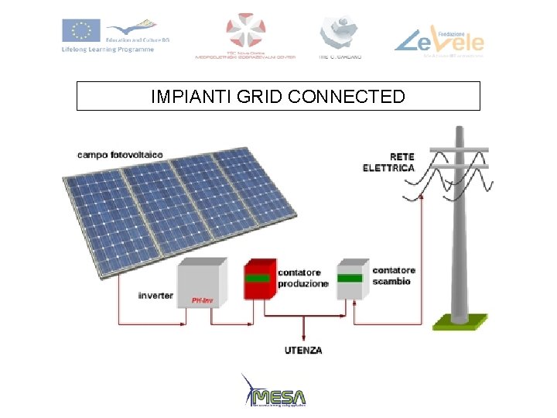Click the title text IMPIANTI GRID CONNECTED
tap(278, 97)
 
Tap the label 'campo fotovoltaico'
tap(120, 155)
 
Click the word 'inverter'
tap(155, 296)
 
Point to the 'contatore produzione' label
tap(303, 278)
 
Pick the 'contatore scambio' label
tap(394, 276)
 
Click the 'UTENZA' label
tap(302, 351)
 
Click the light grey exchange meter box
tap(352, 279)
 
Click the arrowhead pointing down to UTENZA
tap(302, 337)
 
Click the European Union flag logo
tap(77, 31)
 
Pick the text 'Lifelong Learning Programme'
tap(108, 50)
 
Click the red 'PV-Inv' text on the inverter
tap(202, 300)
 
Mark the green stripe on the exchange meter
tap(350, 277)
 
